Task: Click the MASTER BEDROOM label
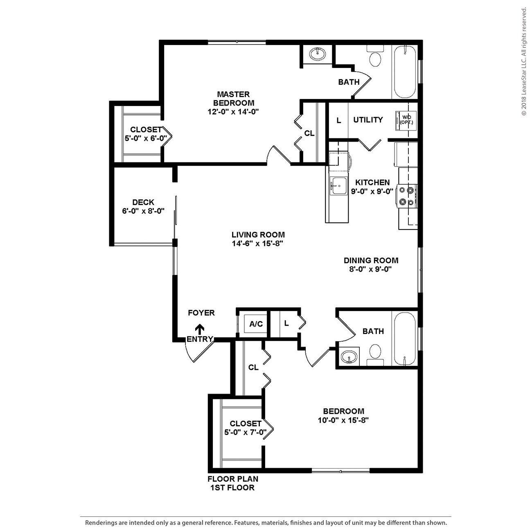[x=233, y=99]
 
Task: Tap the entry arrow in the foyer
[x=200, y=329]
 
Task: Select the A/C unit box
[x=256, y=324]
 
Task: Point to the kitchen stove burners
[x=406, y=196]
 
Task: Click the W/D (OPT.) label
[x=406, y=119]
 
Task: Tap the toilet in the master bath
[x=375, y=58]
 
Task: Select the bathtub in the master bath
[x=405, y=72]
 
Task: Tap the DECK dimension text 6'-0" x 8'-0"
[x=143, y=211]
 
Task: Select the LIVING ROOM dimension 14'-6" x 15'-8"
[x=258, y=243]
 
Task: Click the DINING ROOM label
[x=371, y=260]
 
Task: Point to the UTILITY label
[x=368, y=119]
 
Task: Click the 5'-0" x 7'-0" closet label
[x=246, y=431]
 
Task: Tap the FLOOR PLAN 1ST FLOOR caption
[x=233, y=483]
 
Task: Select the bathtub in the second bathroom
[x=404, y=338]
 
